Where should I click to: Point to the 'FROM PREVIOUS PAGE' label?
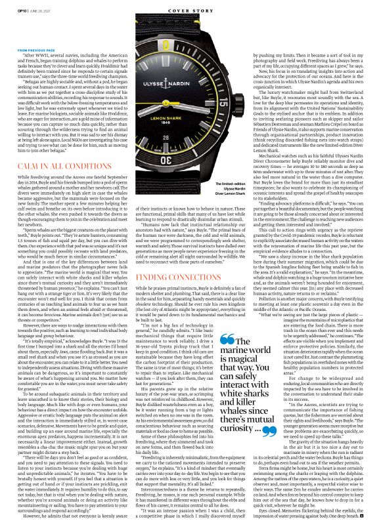point(35,50)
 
